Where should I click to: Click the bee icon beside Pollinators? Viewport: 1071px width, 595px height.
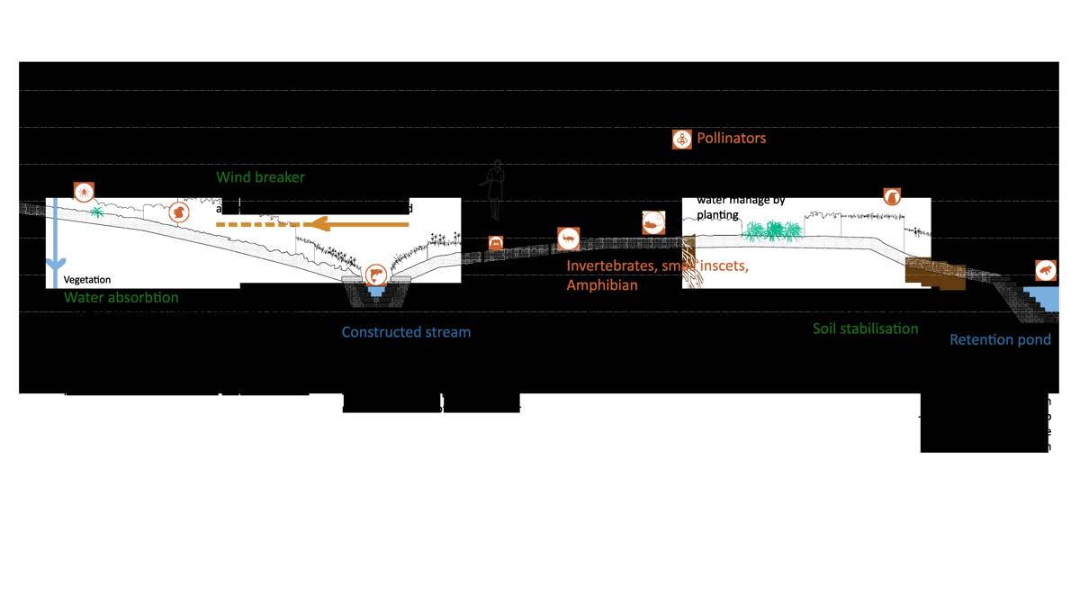(682, 139)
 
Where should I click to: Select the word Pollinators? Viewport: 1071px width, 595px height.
(731, 139)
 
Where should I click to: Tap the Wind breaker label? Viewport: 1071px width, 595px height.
(260, 177)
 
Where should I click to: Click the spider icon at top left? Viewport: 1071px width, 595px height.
(83, 191)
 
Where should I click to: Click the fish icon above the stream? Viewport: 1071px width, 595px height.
(375, 274)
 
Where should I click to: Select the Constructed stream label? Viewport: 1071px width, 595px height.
(406, 332)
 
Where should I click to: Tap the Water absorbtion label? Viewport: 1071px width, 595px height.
(121, 298)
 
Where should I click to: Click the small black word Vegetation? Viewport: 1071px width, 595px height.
(87, 281)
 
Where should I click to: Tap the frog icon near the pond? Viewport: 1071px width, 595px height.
(1046, 270)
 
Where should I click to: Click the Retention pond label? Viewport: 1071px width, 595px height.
(1000, 340)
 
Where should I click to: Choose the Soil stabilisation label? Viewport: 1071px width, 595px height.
(865, 329)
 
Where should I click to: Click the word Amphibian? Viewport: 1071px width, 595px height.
(602, 285)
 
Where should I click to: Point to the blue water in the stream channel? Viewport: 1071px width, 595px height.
(376, 291)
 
